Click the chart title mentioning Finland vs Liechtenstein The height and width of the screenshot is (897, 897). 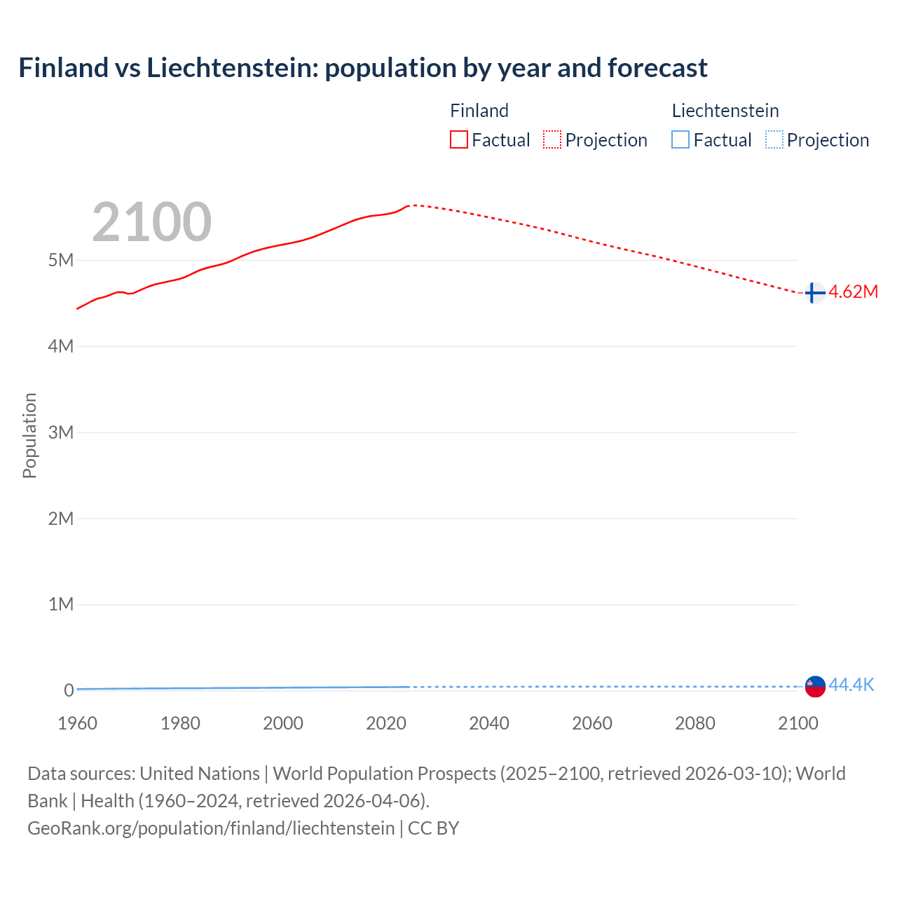click(x=362, y=68)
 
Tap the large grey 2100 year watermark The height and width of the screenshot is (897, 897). click(x=151, y=221)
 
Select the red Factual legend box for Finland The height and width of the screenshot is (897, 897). click(x=458, y=140)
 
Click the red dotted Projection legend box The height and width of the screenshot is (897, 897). click(x=552, y=140)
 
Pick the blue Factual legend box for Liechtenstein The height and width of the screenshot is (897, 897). click(x=680, y=140)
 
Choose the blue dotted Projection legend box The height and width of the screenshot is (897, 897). click(x=774, y=140)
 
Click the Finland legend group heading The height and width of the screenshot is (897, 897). click(x=479, y=111)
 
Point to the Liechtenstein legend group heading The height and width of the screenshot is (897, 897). click(x=725, y=111)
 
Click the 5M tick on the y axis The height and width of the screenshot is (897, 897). click(x=61, y=260)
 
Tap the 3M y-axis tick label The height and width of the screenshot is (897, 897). click(x=61, y=432)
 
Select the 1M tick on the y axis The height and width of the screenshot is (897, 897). click(x=61, y=604)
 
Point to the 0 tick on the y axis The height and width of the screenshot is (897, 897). click(x=69, y=690)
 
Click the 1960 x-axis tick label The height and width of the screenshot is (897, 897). click(x=77, y=723)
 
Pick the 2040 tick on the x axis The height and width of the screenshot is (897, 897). click(x=489, y=723)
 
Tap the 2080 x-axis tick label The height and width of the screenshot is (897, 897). click(x=695, y=723)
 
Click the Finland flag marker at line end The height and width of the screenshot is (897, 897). click(x=814, y=293)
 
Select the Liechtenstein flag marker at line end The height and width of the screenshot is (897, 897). click(x=815, y=686)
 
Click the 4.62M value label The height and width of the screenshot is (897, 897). click(x=853, y=292)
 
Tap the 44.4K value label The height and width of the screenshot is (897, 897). click(x=851, y=685)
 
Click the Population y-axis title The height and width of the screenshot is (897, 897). click(x=29, y=435)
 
